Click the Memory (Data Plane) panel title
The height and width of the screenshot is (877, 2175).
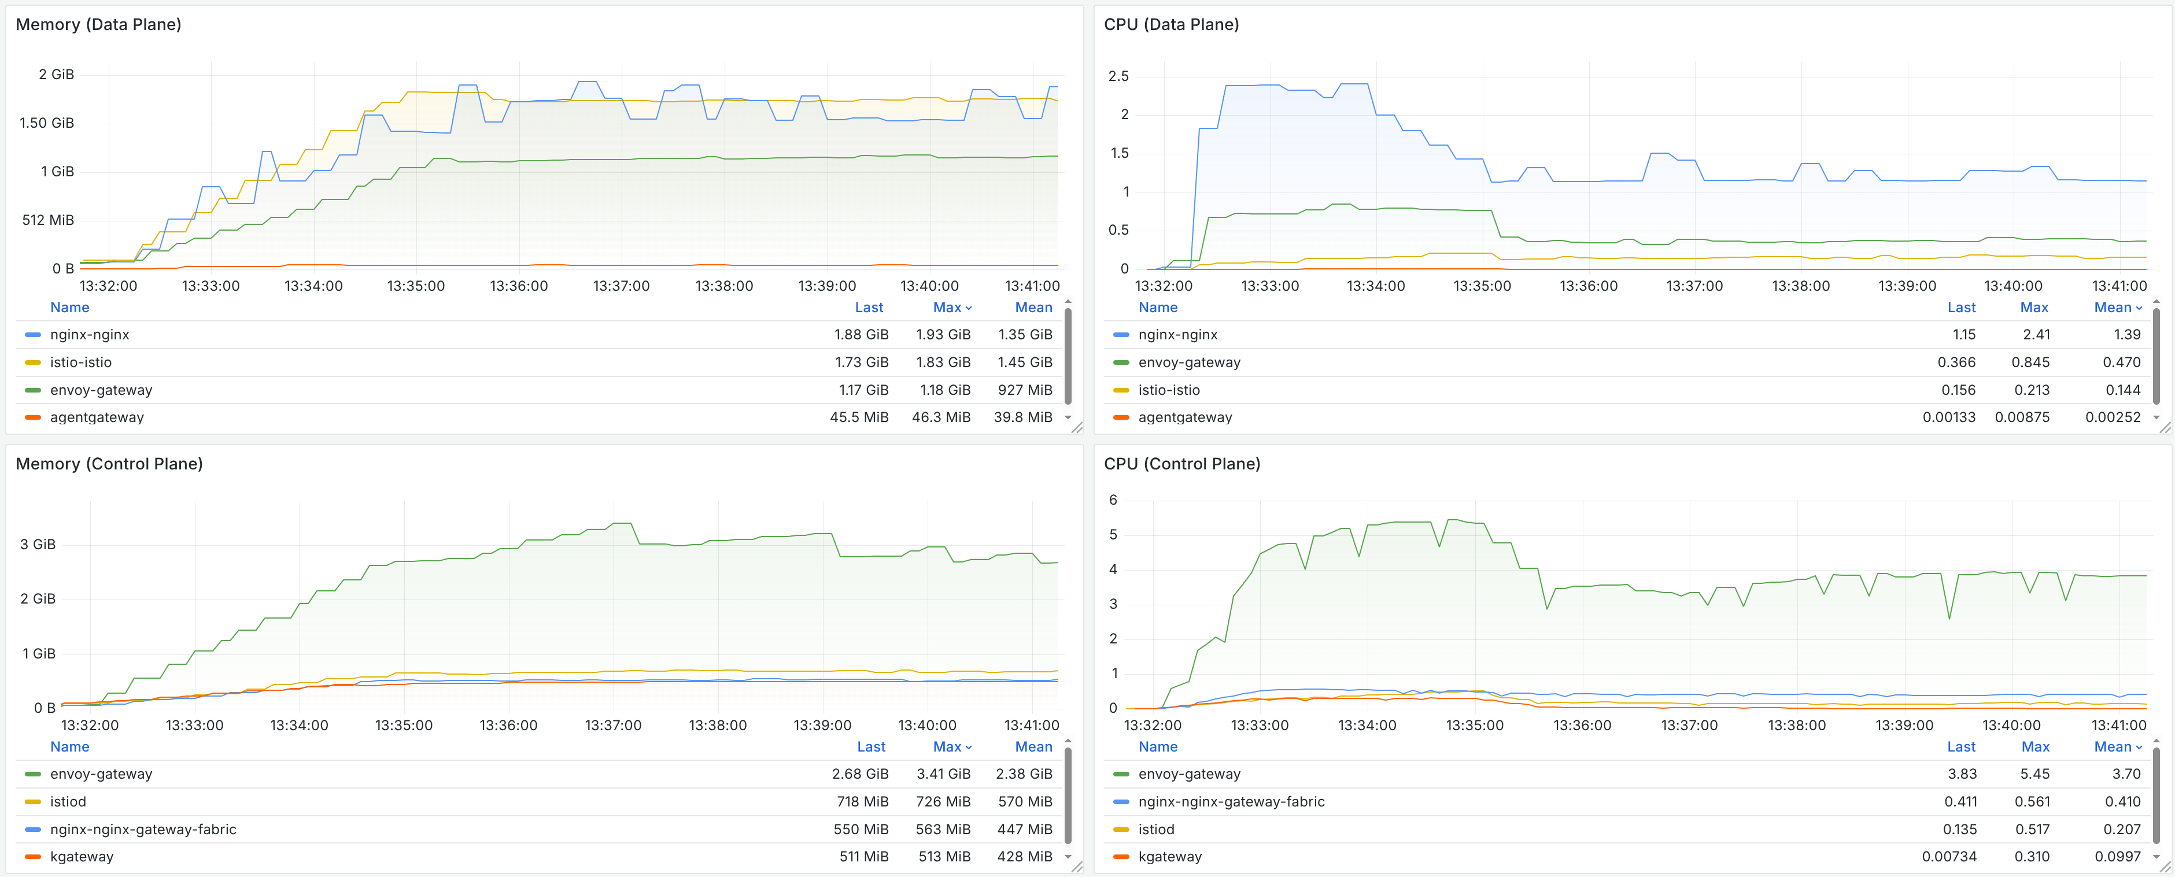click(98, 24)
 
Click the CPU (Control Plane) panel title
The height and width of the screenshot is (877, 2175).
click(1181, 464)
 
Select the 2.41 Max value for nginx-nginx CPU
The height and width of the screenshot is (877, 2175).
click(2036, 334)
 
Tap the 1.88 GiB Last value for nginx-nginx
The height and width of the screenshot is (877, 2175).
click(861, 334)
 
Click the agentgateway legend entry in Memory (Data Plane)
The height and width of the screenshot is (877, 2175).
click(96, 417)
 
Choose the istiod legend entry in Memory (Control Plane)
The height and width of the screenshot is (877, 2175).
click(68, 802)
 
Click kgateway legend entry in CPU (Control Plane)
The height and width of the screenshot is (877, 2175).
click(1169, 857)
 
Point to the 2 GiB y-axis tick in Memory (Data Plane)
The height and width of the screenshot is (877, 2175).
click(56, 74)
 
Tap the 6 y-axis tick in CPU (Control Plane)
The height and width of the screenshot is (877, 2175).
click(1113, 499)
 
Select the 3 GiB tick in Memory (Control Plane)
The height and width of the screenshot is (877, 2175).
click(38, 545)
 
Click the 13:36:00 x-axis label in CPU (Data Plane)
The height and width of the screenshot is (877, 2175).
click(1588, 286)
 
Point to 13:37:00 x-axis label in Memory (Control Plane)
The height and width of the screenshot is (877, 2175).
click(613, 725)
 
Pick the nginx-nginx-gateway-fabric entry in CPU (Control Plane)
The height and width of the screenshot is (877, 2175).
click(1231, 802)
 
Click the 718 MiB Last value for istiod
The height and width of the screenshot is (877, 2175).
click(862, 802)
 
